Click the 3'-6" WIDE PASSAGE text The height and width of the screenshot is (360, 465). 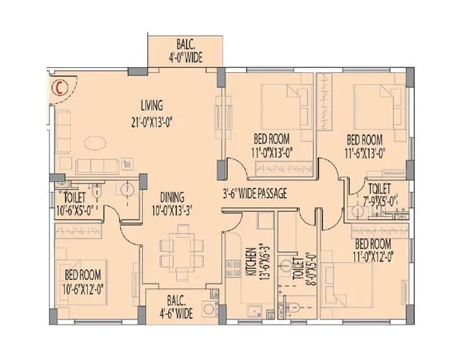(255, 193)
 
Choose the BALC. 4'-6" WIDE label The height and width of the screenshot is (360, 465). (175, 308)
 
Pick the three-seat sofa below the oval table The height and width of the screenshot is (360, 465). (95, 165)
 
